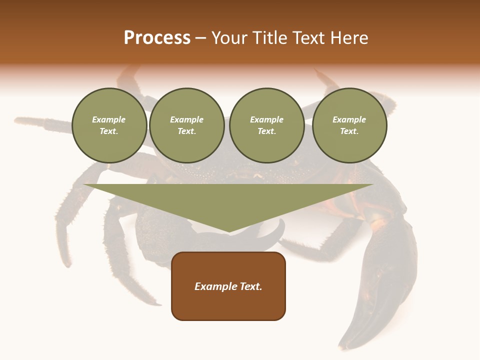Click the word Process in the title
(x=157, y=38)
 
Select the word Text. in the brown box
(x=251, y=286)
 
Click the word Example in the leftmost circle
(x=109, y=119)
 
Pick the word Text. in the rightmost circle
(x=349, y=131)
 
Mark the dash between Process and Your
(x=200, y=38)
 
